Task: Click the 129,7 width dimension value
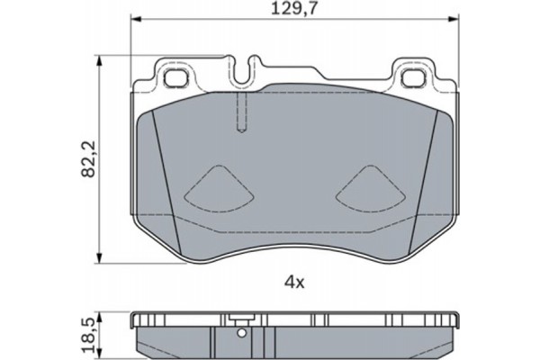(293, 8)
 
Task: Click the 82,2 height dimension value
(88, 158)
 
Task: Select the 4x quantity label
(294, 283)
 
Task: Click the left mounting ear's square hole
(176, 78)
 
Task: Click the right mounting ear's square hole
(414, 78)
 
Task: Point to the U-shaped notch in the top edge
(242, 70)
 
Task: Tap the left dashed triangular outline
(220, 189)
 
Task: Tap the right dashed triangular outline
(370, 189)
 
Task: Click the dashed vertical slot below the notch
(242, 112)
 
